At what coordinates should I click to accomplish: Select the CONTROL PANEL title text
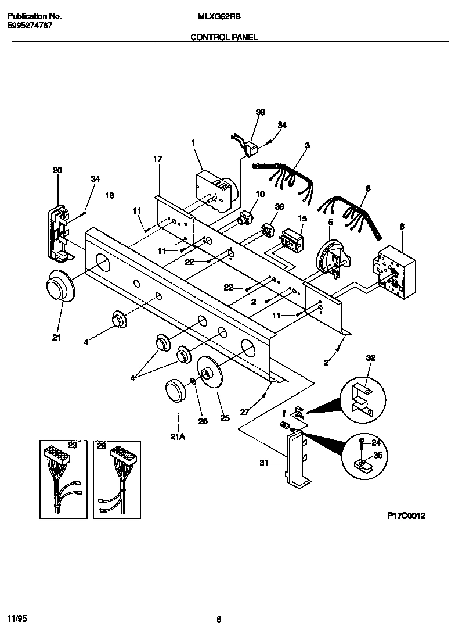[224, 37]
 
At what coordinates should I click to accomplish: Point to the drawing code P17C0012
[406, 516]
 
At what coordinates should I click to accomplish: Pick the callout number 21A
[178, 438]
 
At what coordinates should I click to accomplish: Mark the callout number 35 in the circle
[378, 456]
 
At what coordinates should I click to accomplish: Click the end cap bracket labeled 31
[298, 462]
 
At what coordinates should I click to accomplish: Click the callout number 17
[157, 159]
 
